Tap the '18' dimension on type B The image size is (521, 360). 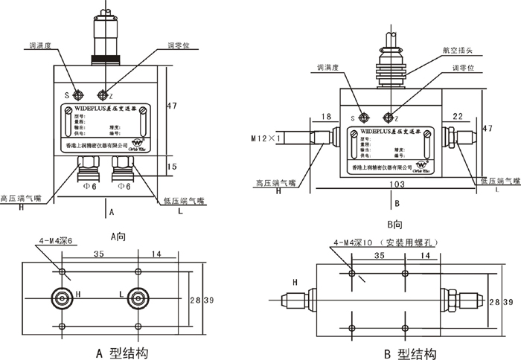(x=327, y=117)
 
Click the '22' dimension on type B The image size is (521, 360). (x=458, y=117)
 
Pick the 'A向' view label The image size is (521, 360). (x=119, y=237)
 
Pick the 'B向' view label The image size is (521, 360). (x=395, y=224)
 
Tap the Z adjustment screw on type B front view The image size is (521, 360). (x=387, y=118)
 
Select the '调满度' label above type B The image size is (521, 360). (x=327, y=67)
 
